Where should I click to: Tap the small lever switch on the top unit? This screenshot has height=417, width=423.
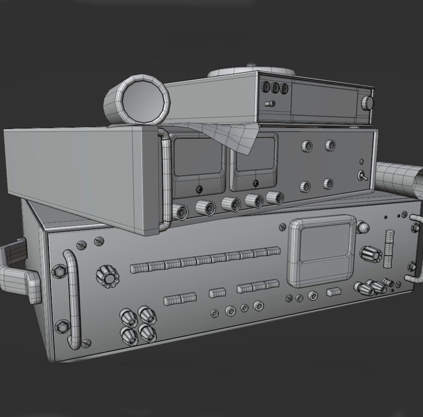[x=270, y=104]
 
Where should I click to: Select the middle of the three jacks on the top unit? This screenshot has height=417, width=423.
[x=275, y=87]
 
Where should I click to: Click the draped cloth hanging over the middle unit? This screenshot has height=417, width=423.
[x=226, y=135]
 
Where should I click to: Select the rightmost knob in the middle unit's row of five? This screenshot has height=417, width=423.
[x=275, y=197]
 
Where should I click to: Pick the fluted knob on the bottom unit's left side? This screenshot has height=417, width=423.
[x=107, y=277]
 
